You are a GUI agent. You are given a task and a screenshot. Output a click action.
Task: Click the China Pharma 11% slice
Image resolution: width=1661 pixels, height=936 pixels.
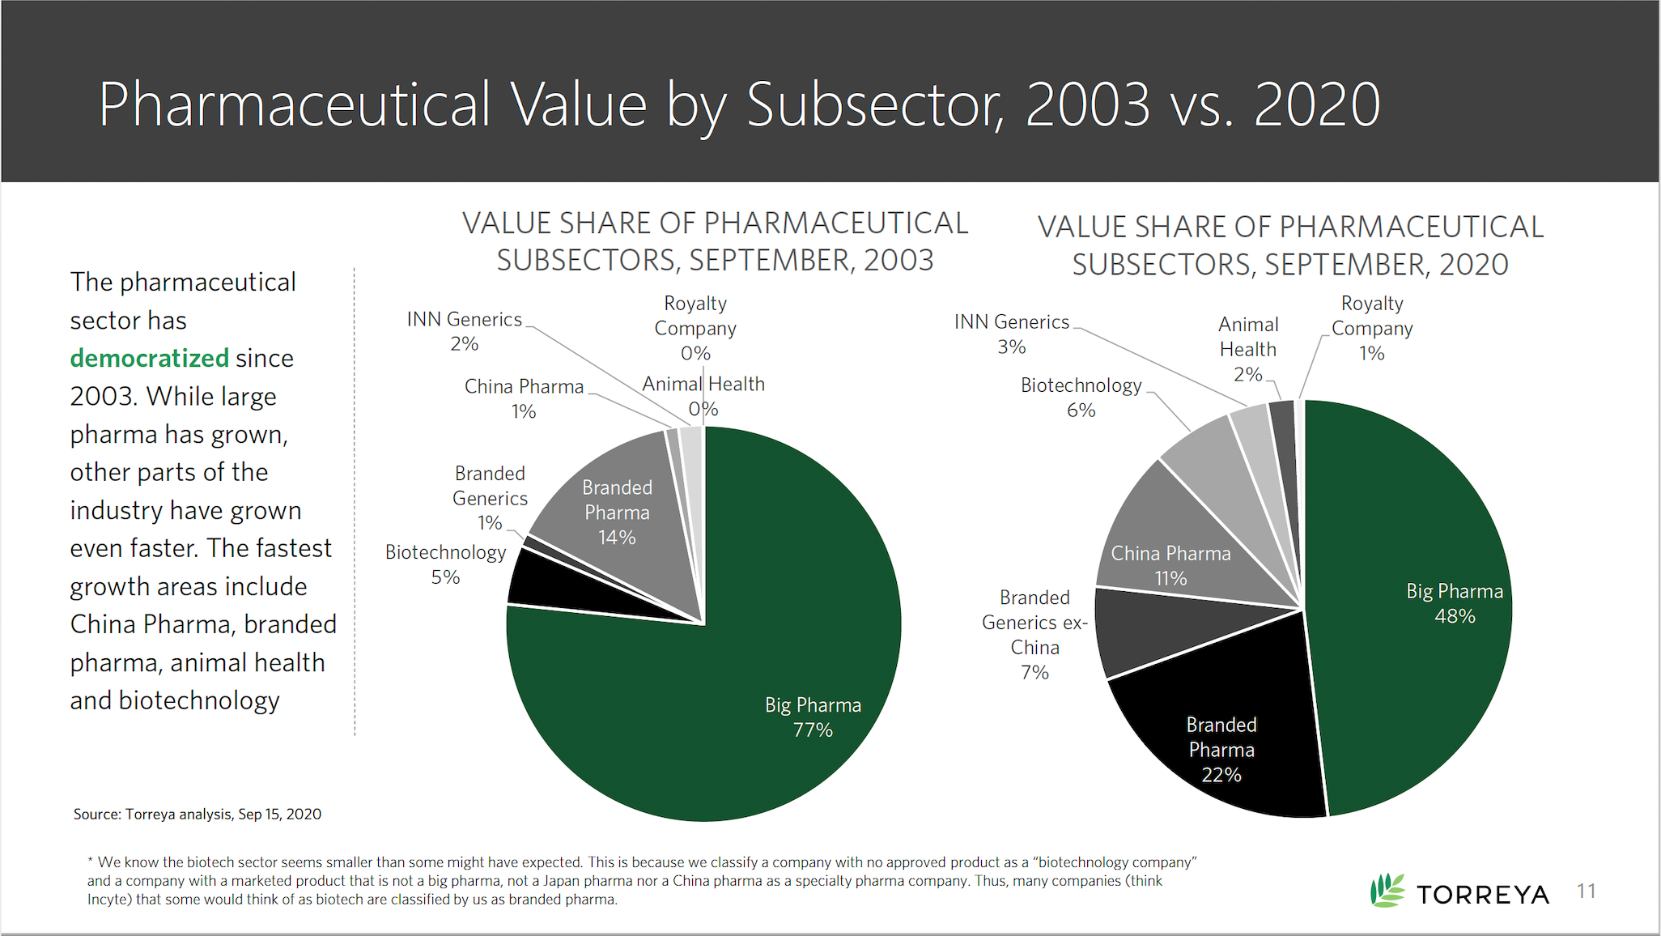(1174, 551)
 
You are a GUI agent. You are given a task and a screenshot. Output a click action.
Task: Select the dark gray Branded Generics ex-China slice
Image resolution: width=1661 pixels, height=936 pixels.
(1149, 632)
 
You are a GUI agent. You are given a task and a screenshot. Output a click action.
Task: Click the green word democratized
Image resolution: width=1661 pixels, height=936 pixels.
(150, 358)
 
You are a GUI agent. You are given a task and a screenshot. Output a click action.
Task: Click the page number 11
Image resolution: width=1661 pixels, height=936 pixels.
(1587, 891)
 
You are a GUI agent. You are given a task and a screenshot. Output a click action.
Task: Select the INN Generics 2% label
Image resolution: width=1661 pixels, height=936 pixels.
(465, 331)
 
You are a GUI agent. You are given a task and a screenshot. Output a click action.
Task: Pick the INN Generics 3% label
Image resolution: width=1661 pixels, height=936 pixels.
(1012, 334)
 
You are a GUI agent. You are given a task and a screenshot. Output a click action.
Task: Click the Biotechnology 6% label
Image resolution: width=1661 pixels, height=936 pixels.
(1081, 397)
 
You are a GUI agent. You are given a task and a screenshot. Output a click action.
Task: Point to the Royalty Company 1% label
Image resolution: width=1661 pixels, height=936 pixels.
(1372, 328)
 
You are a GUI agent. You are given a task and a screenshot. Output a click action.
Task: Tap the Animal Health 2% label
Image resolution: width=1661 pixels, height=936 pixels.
(1248, 349)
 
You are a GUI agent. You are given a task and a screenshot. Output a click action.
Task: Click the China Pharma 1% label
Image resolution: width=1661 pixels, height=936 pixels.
(524, 398)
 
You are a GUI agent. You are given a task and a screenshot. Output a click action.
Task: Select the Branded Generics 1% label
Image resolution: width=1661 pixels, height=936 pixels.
(490, 497)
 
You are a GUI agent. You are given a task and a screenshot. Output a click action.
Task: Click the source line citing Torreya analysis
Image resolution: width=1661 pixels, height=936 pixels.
(198, 814)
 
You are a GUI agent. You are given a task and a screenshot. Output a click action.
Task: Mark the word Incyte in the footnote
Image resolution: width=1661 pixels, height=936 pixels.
(108, 900)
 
